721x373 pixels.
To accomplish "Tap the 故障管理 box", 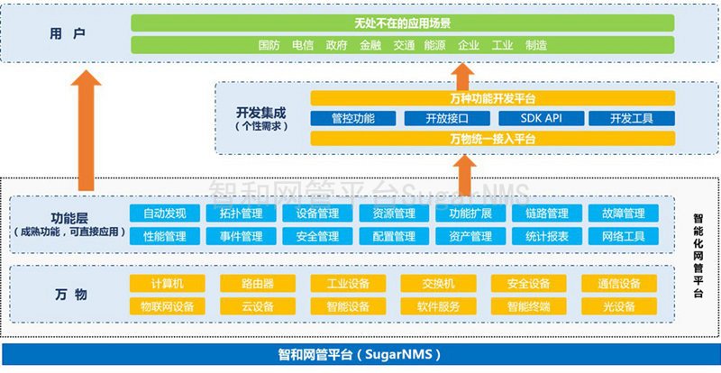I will (616, 214).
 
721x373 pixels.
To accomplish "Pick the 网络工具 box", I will (616, 236).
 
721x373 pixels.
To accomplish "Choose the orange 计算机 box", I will (167, 284).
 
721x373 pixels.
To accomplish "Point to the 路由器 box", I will (258, 284).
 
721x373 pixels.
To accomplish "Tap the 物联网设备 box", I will (167, 306).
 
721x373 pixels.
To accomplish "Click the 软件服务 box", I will (438, 306).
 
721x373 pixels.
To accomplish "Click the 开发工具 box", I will (631, 118).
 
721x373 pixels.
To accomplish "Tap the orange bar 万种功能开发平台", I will (492, 98).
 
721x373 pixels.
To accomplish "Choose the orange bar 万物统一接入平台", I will (492, 138).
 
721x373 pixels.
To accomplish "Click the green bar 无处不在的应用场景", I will (402, 23).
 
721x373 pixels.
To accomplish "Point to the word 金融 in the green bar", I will (370, 44).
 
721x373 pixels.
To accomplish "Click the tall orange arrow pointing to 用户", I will (87, 135).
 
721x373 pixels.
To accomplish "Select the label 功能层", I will (69, 217).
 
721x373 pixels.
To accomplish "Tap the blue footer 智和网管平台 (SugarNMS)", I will (360, 354).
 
